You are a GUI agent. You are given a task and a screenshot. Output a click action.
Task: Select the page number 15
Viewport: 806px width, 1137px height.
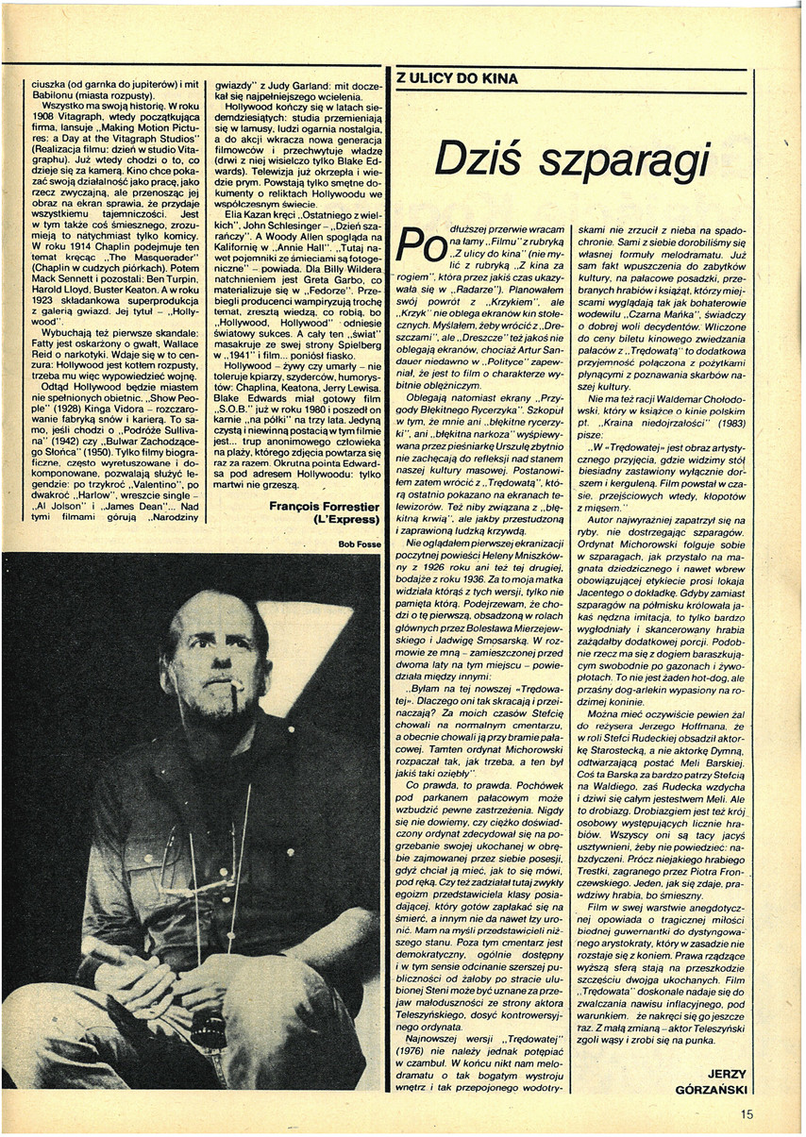747,1113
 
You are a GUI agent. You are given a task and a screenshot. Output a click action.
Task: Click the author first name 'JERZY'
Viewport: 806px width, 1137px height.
731,1071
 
